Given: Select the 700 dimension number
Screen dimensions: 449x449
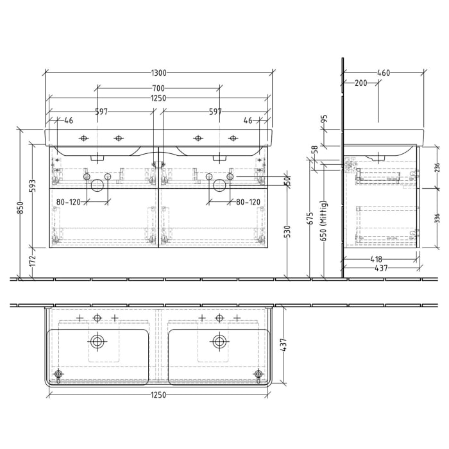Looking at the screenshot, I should point(158,88).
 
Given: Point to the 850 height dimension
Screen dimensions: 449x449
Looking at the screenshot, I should point(21,209).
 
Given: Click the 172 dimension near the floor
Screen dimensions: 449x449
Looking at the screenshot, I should point(33,262).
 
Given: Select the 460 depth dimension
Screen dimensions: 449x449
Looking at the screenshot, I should point(384,73).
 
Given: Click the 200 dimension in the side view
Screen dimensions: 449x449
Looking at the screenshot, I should point(360,83).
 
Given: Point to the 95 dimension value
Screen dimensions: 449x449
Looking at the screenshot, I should point(325,119).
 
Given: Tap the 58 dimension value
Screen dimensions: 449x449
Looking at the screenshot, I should point(314,149).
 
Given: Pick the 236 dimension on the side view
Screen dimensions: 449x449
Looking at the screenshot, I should point(437,167).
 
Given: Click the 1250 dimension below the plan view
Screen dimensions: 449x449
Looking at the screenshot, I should point(158,394).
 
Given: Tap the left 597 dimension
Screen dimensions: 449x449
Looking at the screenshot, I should point(101,112).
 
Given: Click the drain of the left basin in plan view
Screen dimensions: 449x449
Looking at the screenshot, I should point(97,341).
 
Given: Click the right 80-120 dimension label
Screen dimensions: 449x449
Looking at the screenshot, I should point(248,202).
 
